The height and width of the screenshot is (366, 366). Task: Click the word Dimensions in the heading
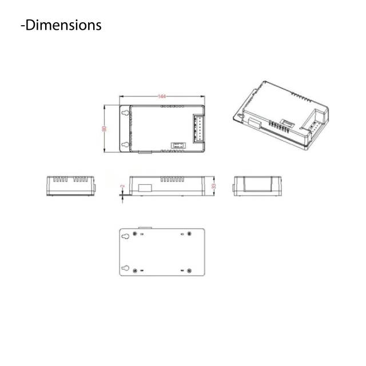63,25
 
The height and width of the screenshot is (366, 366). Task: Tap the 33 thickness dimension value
214,186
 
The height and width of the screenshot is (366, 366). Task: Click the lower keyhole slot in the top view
125,145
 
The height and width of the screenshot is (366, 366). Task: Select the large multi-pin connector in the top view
198,128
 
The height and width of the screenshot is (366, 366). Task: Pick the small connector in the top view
177,145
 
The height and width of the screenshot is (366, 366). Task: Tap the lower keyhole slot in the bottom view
125,269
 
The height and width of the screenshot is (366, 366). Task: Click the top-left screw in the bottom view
135,234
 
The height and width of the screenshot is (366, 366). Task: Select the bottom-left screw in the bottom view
135,270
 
